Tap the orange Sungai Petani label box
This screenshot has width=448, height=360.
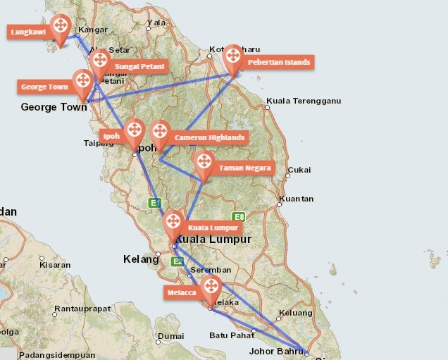pos(139,67)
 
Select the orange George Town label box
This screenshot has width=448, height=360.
pos(43,87)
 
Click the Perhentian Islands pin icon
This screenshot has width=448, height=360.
pos(232,57)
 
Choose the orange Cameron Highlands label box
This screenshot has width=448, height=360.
pos(209,137)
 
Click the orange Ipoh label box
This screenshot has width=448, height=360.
pos(111,136)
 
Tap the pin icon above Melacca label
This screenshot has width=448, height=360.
pos(211,287)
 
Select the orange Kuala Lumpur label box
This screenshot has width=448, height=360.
pos(214,228)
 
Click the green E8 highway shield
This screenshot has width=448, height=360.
pos(239,217)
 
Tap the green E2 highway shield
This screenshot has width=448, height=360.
pos(178,261)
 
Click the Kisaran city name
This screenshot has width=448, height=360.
pos(55,266)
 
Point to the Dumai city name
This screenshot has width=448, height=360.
pos(171,337)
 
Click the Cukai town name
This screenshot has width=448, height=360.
pos(300,170)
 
